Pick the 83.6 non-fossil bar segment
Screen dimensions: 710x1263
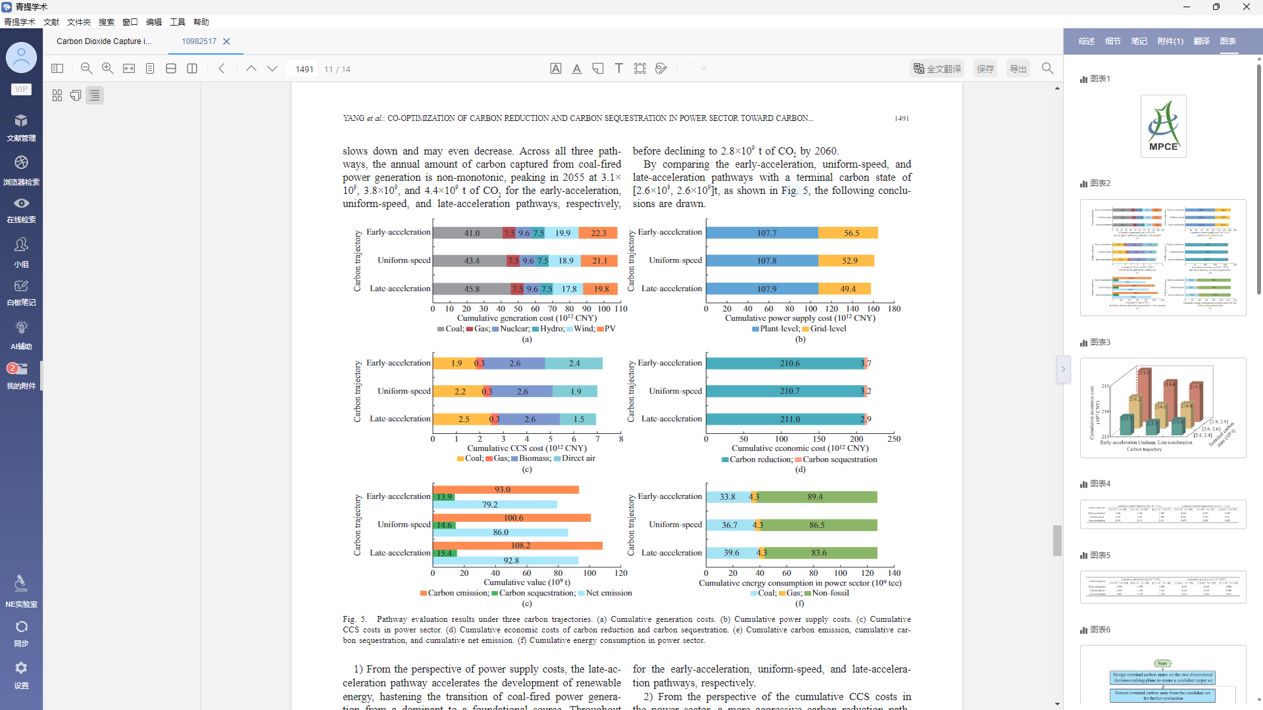[819, 553]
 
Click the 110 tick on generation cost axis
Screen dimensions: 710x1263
[620, 309]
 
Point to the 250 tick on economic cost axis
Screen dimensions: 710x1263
[893, 439]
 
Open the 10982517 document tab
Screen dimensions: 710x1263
[199, 41]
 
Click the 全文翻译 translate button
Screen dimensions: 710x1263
[937, 69]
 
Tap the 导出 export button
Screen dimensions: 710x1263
[1018, 69]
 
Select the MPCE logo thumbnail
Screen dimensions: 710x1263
[1163, 126]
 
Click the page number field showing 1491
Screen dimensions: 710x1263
[304, 69]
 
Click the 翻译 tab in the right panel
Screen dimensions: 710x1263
[1202, 41]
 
